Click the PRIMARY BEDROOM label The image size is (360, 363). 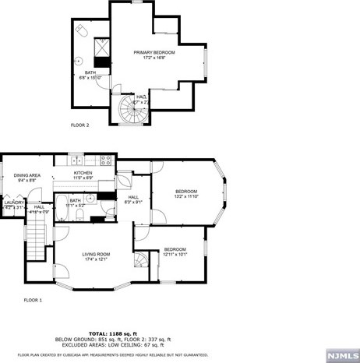[x=154, y=52]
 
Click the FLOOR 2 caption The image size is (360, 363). [x=80, y=125]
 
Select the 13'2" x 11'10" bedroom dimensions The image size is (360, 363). [x=186, y=196]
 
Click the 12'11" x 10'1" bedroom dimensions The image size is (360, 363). [x=175, y=254]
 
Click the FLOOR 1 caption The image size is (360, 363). [x=33, y=300]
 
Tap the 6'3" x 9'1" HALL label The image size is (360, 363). [x=133, y=201]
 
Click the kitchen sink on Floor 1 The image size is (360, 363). [x=78, y=160]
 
